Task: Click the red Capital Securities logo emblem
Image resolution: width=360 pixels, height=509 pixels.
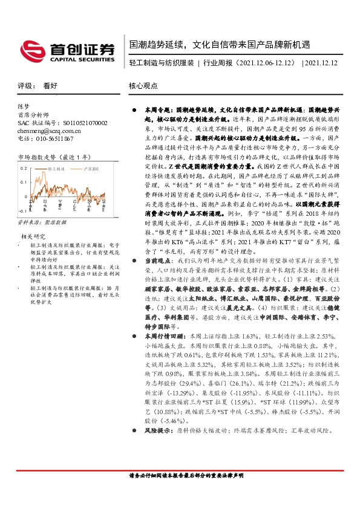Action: point(31,49)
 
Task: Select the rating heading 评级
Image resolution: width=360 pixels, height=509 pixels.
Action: point(24,86)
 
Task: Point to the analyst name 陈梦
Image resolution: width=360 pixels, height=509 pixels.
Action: point(24,106)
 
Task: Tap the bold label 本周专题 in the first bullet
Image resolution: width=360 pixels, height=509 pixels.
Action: point(155,112)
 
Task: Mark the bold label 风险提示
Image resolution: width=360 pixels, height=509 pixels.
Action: point(155,413)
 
